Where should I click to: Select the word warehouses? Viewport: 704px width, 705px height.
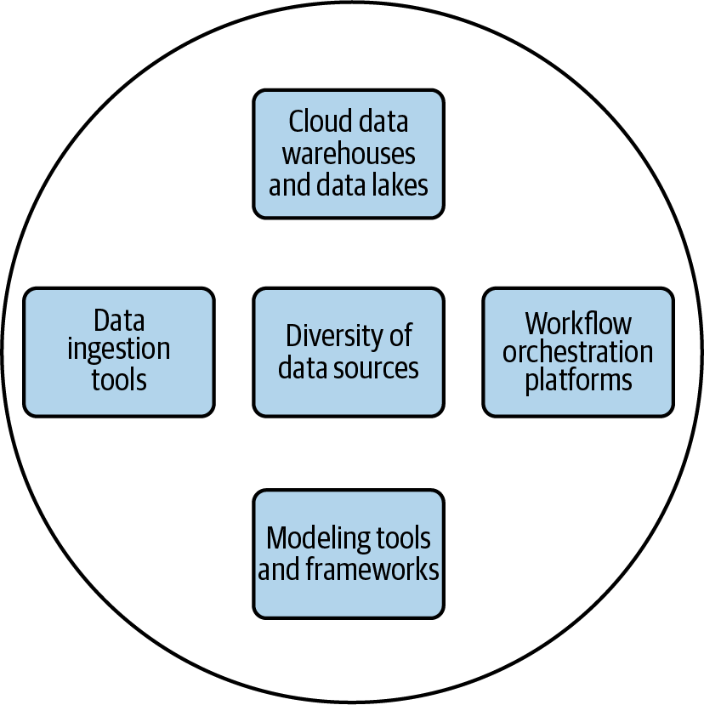pos(349,154)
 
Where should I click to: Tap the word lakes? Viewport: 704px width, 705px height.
pos(400,185)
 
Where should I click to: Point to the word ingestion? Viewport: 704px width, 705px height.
pos(119,350)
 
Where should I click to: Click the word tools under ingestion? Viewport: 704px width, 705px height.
pos(119,379)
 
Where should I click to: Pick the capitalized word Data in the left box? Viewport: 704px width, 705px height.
pos(119,321)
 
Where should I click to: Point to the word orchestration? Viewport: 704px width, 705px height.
pos(578,351)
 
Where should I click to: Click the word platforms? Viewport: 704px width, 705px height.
pos(578,380)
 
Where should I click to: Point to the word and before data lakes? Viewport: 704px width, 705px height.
pos(292,185)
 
